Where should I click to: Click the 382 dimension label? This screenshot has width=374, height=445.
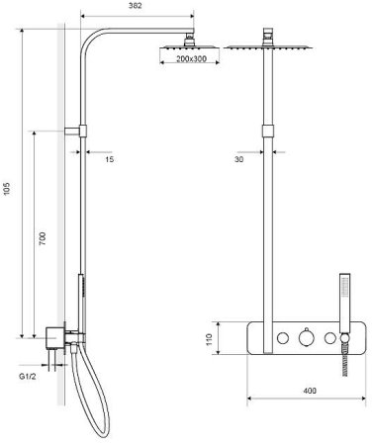(136, 6)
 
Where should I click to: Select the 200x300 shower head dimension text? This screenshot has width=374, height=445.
(191, 59)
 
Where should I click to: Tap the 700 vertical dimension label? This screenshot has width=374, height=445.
(43, 238)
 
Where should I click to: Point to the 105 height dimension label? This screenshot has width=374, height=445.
(7, 189)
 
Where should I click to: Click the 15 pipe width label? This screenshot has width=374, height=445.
(110, 159)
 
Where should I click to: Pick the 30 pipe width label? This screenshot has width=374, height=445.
(239, 159)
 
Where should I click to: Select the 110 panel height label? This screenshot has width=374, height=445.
(209, 339)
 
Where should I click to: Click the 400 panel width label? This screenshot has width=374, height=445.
(310, 391)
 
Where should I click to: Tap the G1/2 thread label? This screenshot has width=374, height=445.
(28, 377)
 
